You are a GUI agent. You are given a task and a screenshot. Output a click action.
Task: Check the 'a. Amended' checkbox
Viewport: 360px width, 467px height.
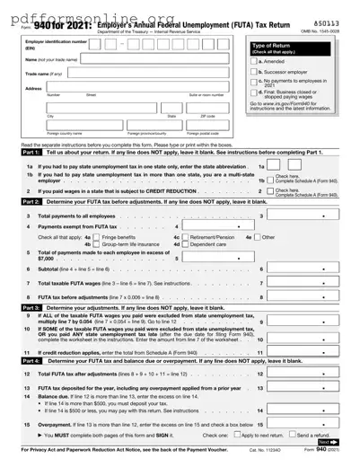tap(254, 61)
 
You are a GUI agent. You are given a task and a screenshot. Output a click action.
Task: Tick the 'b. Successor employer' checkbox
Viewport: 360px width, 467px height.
tap(254, 71)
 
